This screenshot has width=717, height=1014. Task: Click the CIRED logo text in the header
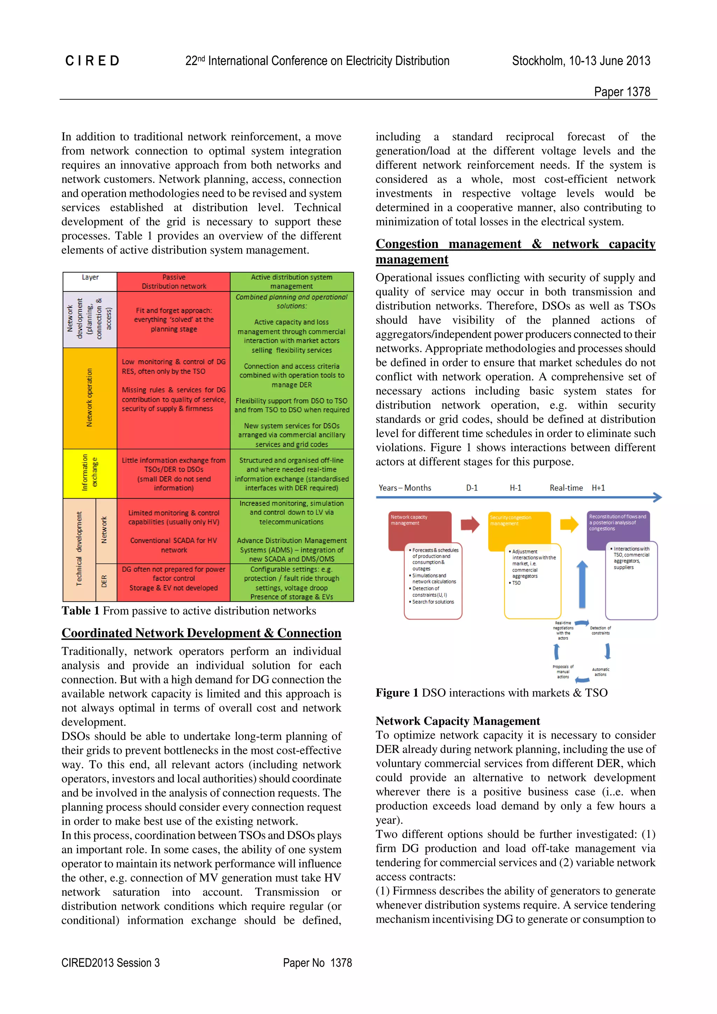point(92,61)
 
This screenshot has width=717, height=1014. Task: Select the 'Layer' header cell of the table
point(90,277)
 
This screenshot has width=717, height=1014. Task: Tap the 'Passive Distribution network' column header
point(174,282)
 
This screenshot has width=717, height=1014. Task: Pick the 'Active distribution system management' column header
point(292,282)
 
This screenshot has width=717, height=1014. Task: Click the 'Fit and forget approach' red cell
point(174,320)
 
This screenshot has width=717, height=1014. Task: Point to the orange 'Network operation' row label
point(90,398)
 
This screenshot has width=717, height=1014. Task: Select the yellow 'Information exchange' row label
point(90,473)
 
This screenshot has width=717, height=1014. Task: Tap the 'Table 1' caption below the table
point(189,611)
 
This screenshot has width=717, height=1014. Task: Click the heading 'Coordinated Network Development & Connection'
point(201,633)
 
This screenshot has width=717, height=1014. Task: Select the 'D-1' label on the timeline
point(472,488)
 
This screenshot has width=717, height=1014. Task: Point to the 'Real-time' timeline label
point(566,488)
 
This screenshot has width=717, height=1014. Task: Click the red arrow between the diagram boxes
point(470,524)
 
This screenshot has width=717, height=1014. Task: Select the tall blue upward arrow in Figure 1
point(582,584)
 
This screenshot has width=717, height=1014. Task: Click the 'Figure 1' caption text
point(491,692)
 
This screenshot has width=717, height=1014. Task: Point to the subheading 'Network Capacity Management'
point(458,721)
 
